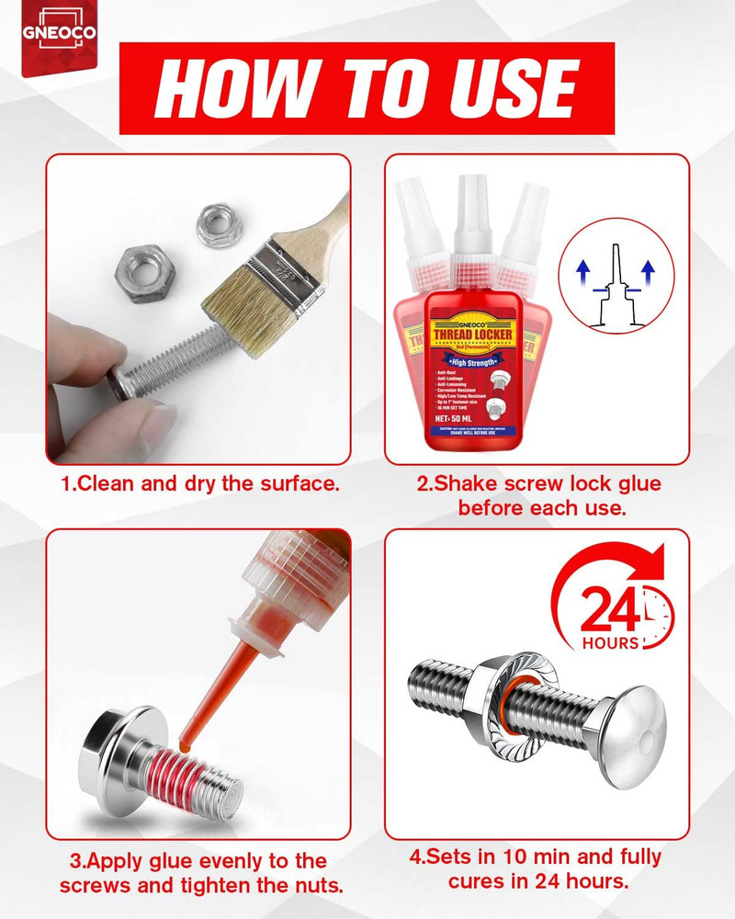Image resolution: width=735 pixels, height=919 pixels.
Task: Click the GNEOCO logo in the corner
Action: [58, 35]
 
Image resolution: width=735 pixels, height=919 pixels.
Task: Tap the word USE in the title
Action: [510, 88]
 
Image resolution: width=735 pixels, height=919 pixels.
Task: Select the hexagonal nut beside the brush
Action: [142, 267]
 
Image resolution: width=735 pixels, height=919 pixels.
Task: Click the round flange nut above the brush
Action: [217, 225]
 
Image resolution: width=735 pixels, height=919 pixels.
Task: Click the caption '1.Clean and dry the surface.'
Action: [200, 482]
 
